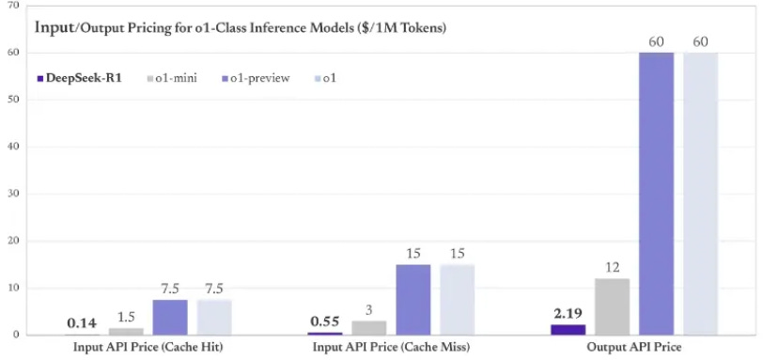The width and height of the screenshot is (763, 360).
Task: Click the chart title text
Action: tap(240, 26)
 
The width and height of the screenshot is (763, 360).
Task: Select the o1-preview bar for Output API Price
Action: tap(656, 194)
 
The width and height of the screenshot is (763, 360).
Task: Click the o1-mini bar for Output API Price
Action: tap(612, 306)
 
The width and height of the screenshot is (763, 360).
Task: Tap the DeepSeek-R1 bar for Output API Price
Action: tap(568, 329)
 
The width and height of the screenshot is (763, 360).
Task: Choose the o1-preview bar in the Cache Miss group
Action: tap(413, 300)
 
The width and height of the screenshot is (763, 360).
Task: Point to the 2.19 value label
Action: tap(567, 312)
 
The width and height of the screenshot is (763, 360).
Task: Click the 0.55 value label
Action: tap(324, 321)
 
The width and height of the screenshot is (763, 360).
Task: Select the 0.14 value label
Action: tap(82, 323)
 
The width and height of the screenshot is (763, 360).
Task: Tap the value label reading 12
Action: tap(612, 268)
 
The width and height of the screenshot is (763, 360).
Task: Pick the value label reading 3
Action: tap(369, 310)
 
